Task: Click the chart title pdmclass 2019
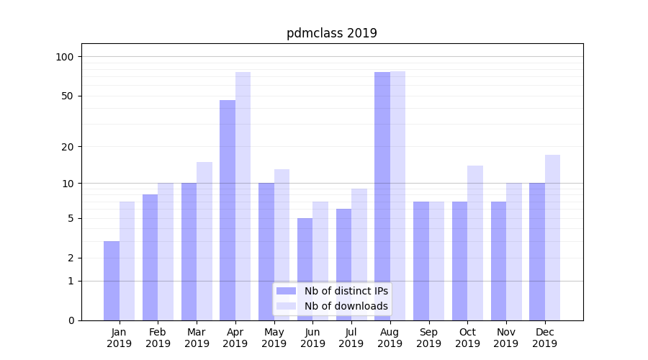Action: (331, 33)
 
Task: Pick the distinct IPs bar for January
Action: (112, 281)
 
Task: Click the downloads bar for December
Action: (552, 238)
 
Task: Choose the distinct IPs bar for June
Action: (305, 269)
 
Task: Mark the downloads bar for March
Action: (204, 241)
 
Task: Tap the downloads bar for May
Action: (282, 245)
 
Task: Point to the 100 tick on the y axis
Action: (70, 57)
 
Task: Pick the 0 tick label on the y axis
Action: (71, 320)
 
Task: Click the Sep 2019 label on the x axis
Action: (428, 338)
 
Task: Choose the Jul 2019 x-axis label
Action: (351, 338)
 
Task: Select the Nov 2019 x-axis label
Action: (506, 338)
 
